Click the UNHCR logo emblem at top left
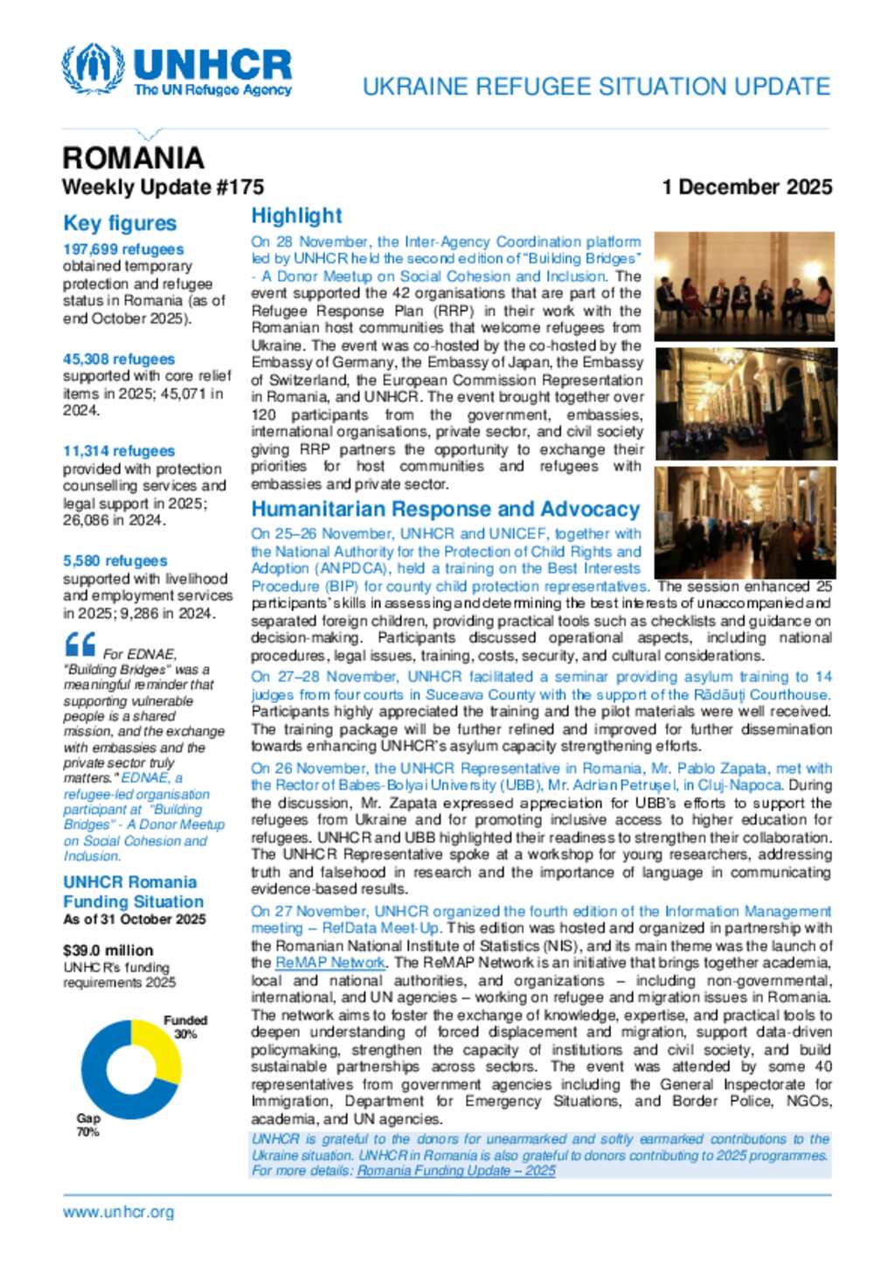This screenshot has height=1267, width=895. (x=93, y=68)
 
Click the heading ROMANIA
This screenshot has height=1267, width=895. (x=133, y=158)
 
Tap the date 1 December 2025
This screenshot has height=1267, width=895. (x=746, y=187)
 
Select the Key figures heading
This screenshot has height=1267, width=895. (x=120, y=224)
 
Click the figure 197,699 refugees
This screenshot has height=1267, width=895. (x=123, y=249)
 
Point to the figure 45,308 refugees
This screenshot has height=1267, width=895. (x=119, y=359)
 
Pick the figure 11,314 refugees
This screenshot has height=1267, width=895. (x=119, y=451)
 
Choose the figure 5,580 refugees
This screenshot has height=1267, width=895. (x=114, y=560)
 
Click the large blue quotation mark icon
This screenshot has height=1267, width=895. (x=80, y=645)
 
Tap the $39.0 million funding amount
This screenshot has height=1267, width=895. (x=108, y=950)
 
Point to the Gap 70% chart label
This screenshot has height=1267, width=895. (x=87, y=1124)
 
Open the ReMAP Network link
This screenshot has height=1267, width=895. (x=330, y=963)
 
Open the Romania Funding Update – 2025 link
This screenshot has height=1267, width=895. (x=455, y=1171)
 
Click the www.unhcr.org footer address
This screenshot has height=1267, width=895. (x=118, y=1212)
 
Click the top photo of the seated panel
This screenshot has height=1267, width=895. (x=744, y=286)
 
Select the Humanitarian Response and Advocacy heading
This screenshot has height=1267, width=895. (x=445, y=510)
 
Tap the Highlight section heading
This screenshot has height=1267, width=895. (x=296, y=216)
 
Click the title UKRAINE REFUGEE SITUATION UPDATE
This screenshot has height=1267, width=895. (x=596, y=87)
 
